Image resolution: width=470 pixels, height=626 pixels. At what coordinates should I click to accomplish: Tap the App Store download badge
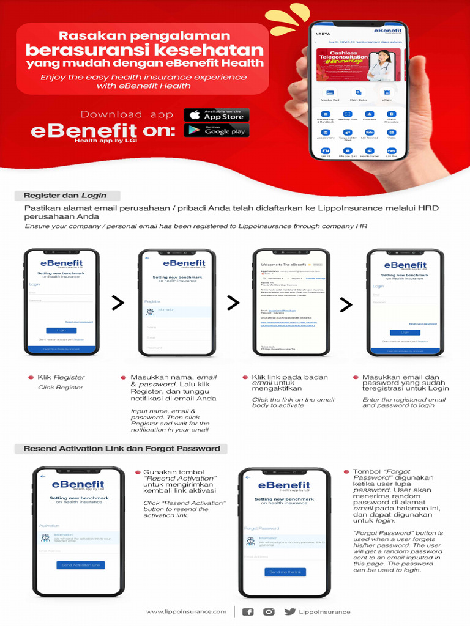point(216,114)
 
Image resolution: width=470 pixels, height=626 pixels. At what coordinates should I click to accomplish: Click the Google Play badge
point(216,130)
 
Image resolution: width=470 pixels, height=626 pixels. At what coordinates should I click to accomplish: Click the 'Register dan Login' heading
point(65,196)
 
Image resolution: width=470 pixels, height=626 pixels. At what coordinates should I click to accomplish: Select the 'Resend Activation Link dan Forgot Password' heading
point(121,449)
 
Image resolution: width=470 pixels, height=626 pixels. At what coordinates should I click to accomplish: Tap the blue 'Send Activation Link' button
point(81,565)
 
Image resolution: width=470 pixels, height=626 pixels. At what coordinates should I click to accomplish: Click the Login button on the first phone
point(61,330)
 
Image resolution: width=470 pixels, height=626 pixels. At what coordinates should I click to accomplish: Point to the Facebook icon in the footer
point(248,611)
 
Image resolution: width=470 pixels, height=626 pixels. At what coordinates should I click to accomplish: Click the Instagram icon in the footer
point(269,611)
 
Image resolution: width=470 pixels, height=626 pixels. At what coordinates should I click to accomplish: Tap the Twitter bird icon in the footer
point(289,611)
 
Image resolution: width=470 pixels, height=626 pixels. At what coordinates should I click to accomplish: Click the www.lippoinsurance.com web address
point(186,611)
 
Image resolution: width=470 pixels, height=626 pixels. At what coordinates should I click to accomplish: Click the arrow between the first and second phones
point(118,303)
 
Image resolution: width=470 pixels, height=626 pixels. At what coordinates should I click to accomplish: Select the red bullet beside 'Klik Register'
point(31,378)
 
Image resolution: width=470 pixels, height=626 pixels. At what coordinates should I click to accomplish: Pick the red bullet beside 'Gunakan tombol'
point(137,473)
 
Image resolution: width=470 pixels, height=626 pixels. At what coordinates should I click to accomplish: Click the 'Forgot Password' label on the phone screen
point(262,528)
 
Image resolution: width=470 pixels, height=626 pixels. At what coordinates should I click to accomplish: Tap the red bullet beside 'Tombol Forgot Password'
point(347,472)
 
